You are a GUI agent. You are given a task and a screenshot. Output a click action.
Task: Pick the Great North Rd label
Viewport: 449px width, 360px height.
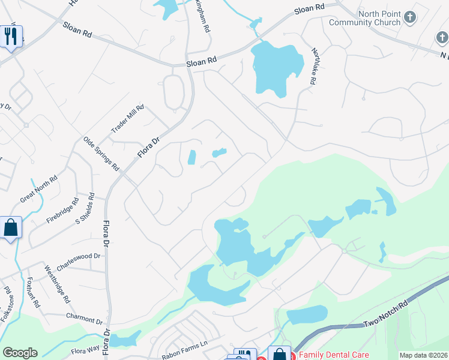coord(39,187)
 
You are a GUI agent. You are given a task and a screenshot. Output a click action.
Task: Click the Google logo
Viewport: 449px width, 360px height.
coord(20,353)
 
